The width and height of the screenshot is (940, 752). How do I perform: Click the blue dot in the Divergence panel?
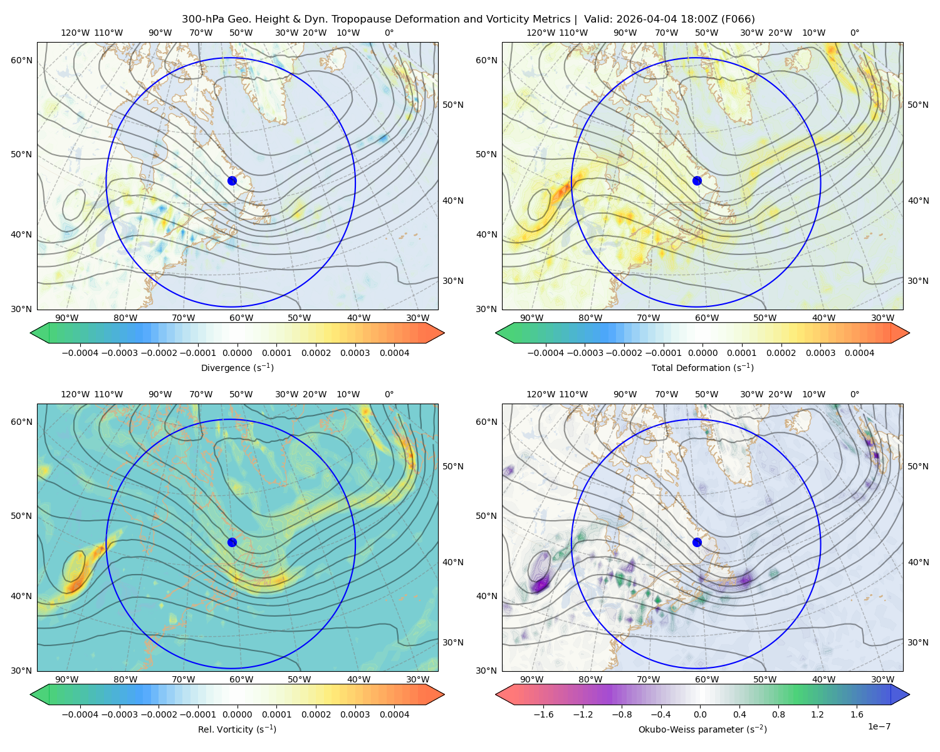coord(232,180)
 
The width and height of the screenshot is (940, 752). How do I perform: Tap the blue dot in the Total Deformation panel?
coord(697,180)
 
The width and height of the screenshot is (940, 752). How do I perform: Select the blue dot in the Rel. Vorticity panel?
coord(232,542)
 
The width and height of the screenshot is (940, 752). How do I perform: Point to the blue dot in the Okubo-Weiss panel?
coord(697,542)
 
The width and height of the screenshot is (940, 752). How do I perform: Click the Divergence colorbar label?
coord(237,367)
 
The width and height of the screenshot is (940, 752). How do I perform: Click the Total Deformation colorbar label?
coord(702,367)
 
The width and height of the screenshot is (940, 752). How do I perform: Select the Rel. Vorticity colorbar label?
coord(237,729)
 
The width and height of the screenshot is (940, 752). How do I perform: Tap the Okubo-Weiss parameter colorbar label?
coord(702,729)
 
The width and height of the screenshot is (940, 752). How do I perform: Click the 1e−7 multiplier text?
coord(879,726)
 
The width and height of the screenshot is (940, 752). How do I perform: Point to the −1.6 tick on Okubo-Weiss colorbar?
coord(543,714)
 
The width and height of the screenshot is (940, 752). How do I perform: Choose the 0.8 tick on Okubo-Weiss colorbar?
coord(778,714)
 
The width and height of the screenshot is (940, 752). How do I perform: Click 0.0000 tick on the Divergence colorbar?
coord(237,353)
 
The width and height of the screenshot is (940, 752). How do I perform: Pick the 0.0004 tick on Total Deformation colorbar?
coord(859,353)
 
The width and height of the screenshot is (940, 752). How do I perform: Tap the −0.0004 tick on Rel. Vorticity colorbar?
coord(80,714)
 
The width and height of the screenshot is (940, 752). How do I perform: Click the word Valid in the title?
coord(596,19)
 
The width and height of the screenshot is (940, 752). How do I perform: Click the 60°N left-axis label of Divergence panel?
coord(21,60)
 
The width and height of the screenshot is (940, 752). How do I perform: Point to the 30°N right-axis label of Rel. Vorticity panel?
coord(453,642)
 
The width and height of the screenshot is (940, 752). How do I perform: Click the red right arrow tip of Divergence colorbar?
coord(444,333)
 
